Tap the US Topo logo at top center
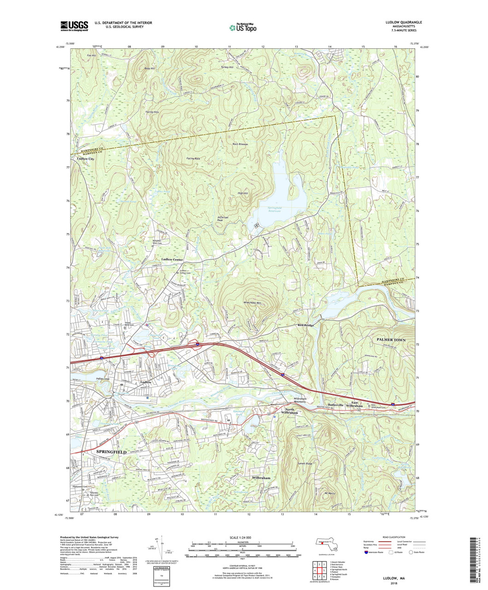point(243,27)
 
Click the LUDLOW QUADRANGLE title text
point(401,22)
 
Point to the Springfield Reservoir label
point(271,210)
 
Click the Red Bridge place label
point(306,325)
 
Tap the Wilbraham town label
point(261,478)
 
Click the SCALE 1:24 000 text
point(242,538)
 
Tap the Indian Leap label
point(104,378)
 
